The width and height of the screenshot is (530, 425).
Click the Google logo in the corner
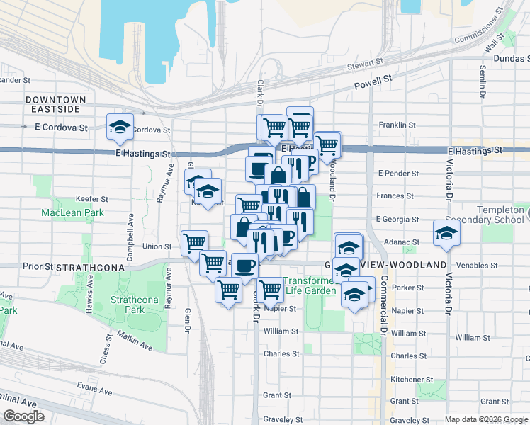(23, 416)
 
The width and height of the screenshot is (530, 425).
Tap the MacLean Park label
(73, 212)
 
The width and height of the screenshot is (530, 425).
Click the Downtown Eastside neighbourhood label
(56, 104)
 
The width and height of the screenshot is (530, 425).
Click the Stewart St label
(365, 67)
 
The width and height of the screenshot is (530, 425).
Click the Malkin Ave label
(135, 341)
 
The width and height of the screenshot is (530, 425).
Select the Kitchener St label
(407, 380)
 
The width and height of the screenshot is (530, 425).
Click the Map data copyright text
(485, 419)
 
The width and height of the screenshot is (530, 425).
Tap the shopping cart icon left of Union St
(193, 243)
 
